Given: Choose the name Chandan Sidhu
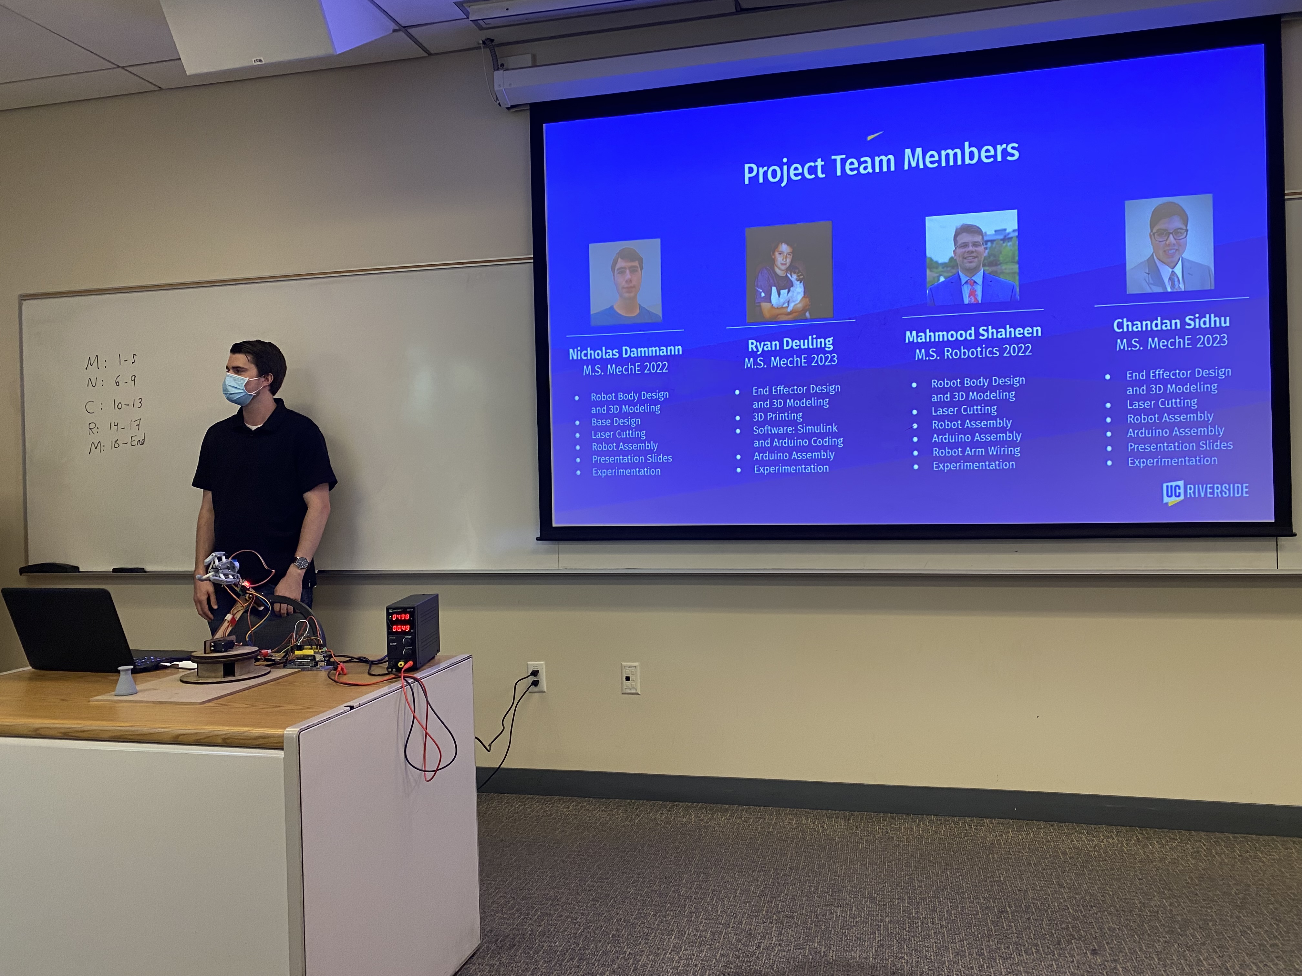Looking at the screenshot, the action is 1171,323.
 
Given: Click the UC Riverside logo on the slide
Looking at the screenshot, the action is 1205,491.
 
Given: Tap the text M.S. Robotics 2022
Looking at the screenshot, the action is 973,352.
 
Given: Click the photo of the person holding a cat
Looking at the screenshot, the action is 789,272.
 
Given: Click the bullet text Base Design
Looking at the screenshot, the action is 616,421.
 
